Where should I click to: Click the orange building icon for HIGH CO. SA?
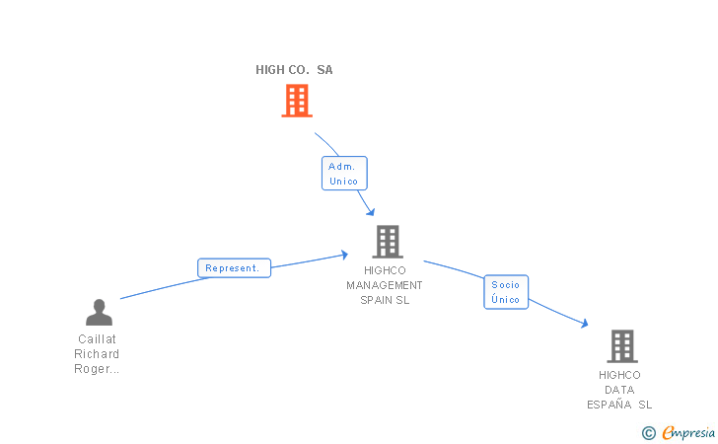click(x=297, y=101)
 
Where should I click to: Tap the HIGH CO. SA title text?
click(x=294, y=70)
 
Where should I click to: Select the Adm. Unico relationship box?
click(x=344, y=174)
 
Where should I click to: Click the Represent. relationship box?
click(x=234, y=268)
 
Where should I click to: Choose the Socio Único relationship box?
click(x=506, y=292)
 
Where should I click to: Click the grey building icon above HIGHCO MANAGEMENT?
click(x=388, y=242)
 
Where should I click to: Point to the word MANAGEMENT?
click(x=385, y=285)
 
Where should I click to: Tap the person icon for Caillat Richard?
click(x=99, y=312)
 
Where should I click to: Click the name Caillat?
click(x=97, y=339)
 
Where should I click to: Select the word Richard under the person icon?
click(x=97, y=354)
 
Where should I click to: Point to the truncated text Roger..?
click(x=97, y=369)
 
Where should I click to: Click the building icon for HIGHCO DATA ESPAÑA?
click(x=622, y=346)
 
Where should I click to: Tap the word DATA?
click(x=619, y=390)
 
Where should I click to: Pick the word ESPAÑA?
click(x=610, y=405)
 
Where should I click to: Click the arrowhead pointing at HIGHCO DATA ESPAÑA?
click(x=585, y=324)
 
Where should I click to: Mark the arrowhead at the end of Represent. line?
click(x=345, y=255)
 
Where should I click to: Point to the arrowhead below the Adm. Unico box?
click(x=371, y=212)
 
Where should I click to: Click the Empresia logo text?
click(x=688, y=432)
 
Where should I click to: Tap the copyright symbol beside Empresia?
click(x=649, y=433)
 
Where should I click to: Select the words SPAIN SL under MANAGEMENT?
click(x=385, y=300)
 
